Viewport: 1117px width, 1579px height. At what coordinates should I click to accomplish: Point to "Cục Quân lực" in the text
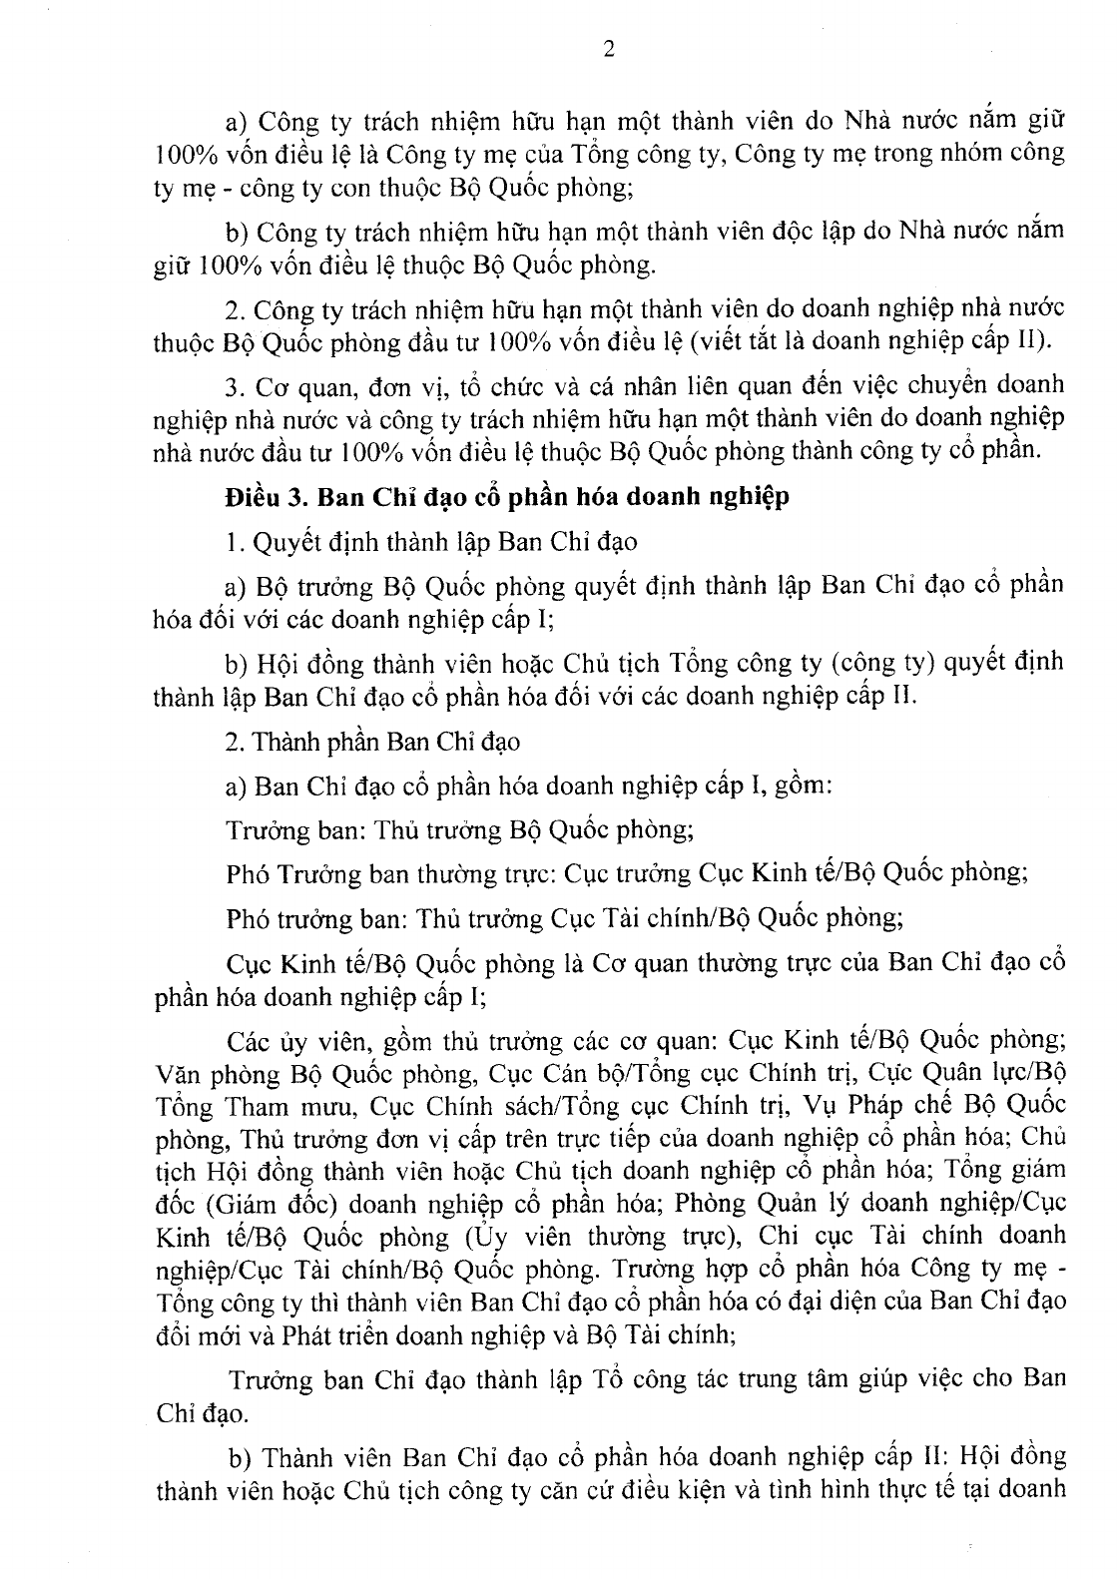tap(967, 1074)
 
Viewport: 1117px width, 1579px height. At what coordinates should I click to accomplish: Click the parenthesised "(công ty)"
tap(894, 661)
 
